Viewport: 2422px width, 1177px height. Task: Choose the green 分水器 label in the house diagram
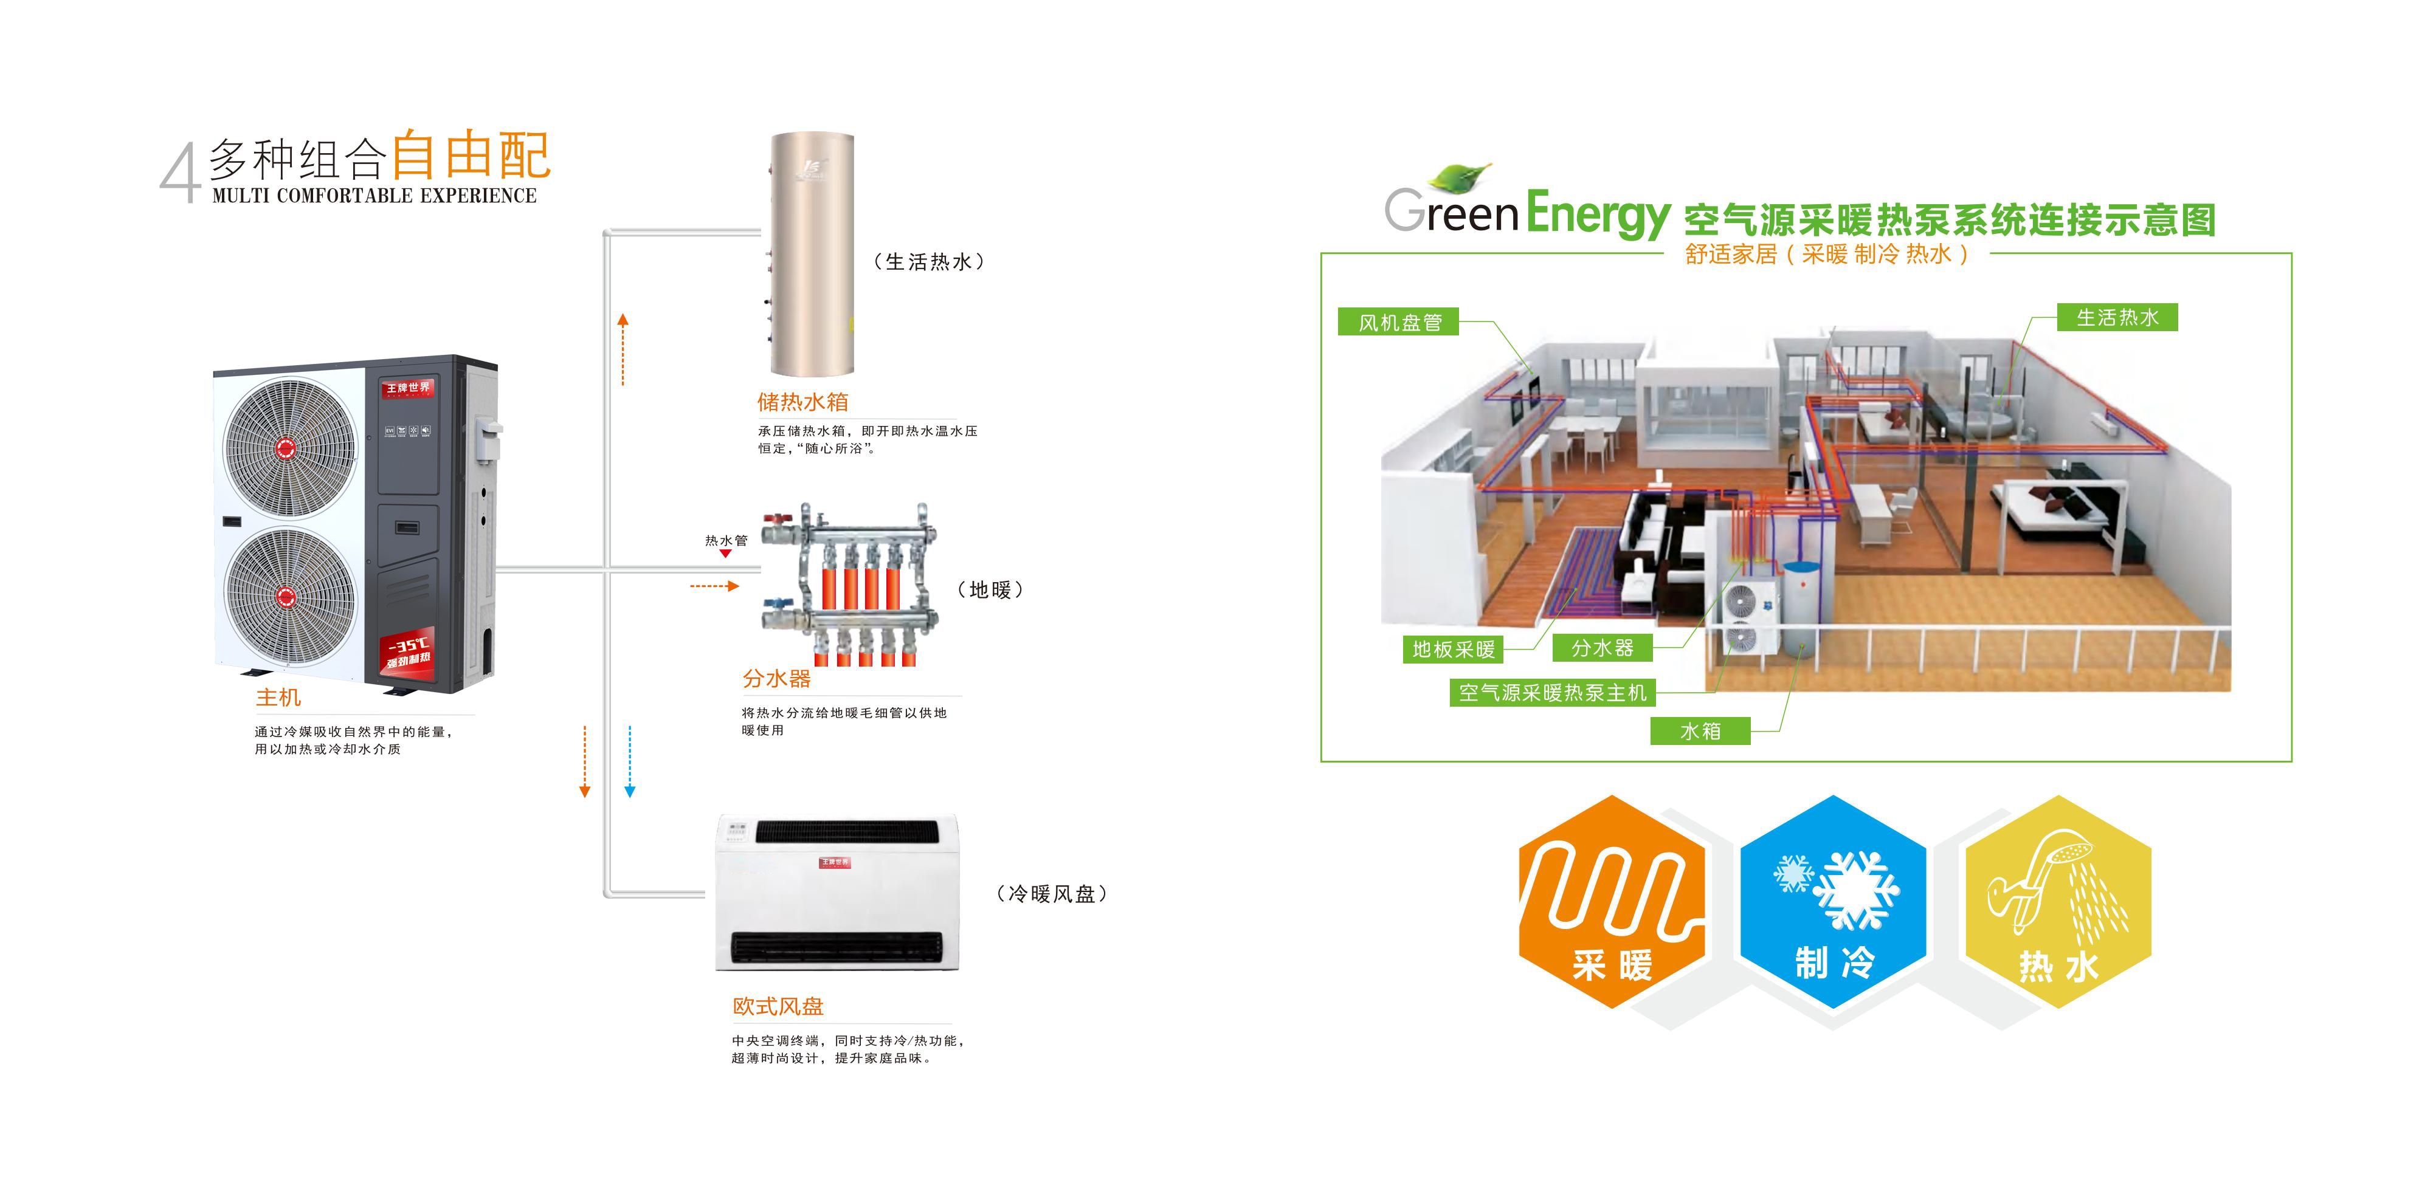(x=1602, y=648)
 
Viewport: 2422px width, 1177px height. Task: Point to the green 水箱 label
(x=1700, y=730)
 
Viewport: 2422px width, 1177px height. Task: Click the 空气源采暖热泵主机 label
(x=1552, y=693)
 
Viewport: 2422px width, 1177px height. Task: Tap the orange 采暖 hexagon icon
(x=1612, y=902)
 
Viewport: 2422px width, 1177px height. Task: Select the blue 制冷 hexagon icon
(x=1834, y=902)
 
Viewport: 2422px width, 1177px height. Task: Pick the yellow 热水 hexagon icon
(x=2058, y=902)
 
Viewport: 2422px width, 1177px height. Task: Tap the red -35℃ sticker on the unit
(x=408, y=650)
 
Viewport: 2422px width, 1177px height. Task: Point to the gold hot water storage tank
(x=812, y=254)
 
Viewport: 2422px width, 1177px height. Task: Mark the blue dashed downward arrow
(x=630, y=761)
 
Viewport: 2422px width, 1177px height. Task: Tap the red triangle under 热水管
(x=725, y=554)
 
